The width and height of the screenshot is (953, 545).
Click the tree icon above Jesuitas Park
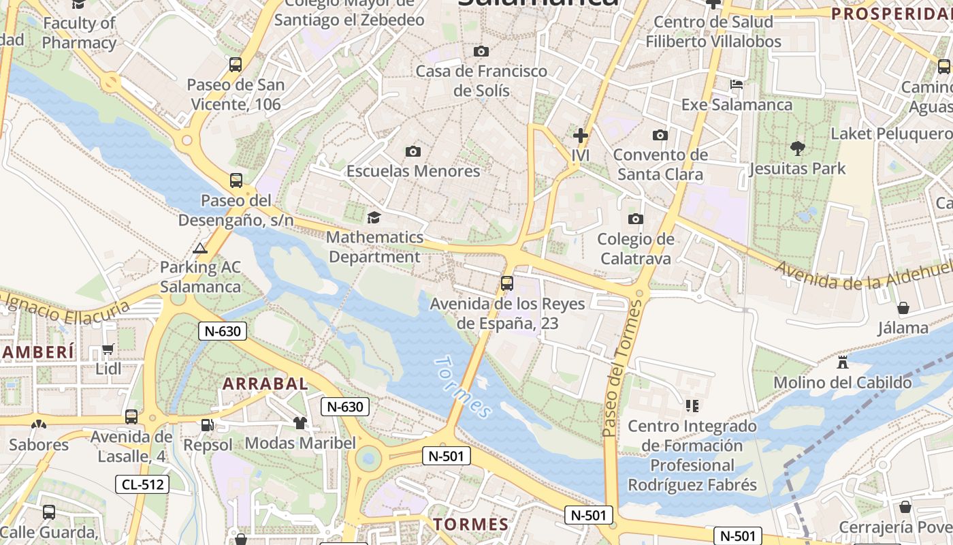coord(796,148)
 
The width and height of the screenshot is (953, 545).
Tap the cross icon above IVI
coord(580,136)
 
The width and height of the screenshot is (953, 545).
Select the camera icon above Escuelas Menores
coord(413,151)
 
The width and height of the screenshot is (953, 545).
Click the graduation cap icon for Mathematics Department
coord(374,217)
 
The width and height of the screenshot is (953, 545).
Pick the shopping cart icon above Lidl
coord(108,349)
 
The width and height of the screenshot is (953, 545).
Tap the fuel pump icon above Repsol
coord(207,425)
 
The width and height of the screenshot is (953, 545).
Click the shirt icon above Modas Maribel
coord(300,423)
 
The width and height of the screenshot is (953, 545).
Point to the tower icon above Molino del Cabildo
coord(843,362)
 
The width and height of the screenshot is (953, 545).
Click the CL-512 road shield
coord(142,484)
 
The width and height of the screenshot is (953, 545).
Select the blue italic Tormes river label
coord(462,387)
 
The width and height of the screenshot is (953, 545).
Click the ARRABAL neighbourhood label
coord(265,384)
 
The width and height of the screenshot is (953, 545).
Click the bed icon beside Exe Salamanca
coord(736,84)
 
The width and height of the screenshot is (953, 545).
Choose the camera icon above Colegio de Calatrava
coord(635,219)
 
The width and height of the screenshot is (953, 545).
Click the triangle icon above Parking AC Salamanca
coord(199,248)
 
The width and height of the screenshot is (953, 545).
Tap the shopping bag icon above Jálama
coord(903,308)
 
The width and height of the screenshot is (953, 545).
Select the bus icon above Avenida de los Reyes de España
coord(506,283)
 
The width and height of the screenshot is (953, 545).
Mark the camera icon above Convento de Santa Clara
coord(659,135)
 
